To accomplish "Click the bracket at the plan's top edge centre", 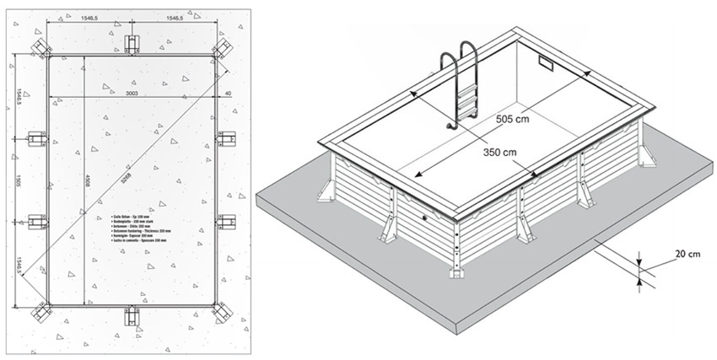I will coord(132,44).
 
